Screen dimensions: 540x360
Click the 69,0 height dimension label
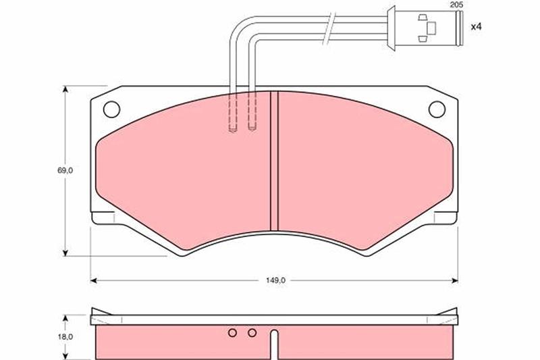click(65, 170)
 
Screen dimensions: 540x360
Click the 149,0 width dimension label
click(275, 280)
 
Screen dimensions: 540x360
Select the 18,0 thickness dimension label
click(65, 337)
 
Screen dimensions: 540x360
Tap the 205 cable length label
click(457, 5)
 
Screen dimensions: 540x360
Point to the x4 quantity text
click(476, 27)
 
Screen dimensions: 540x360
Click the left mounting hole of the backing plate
click(111, 109)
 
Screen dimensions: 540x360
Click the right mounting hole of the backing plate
click(437, 109)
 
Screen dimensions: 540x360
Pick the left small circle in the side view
click(232, 333)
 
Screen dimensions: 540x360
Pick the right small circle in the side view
click(252, 333)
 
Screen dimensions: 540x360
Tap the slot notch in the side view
click(274, 345)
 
